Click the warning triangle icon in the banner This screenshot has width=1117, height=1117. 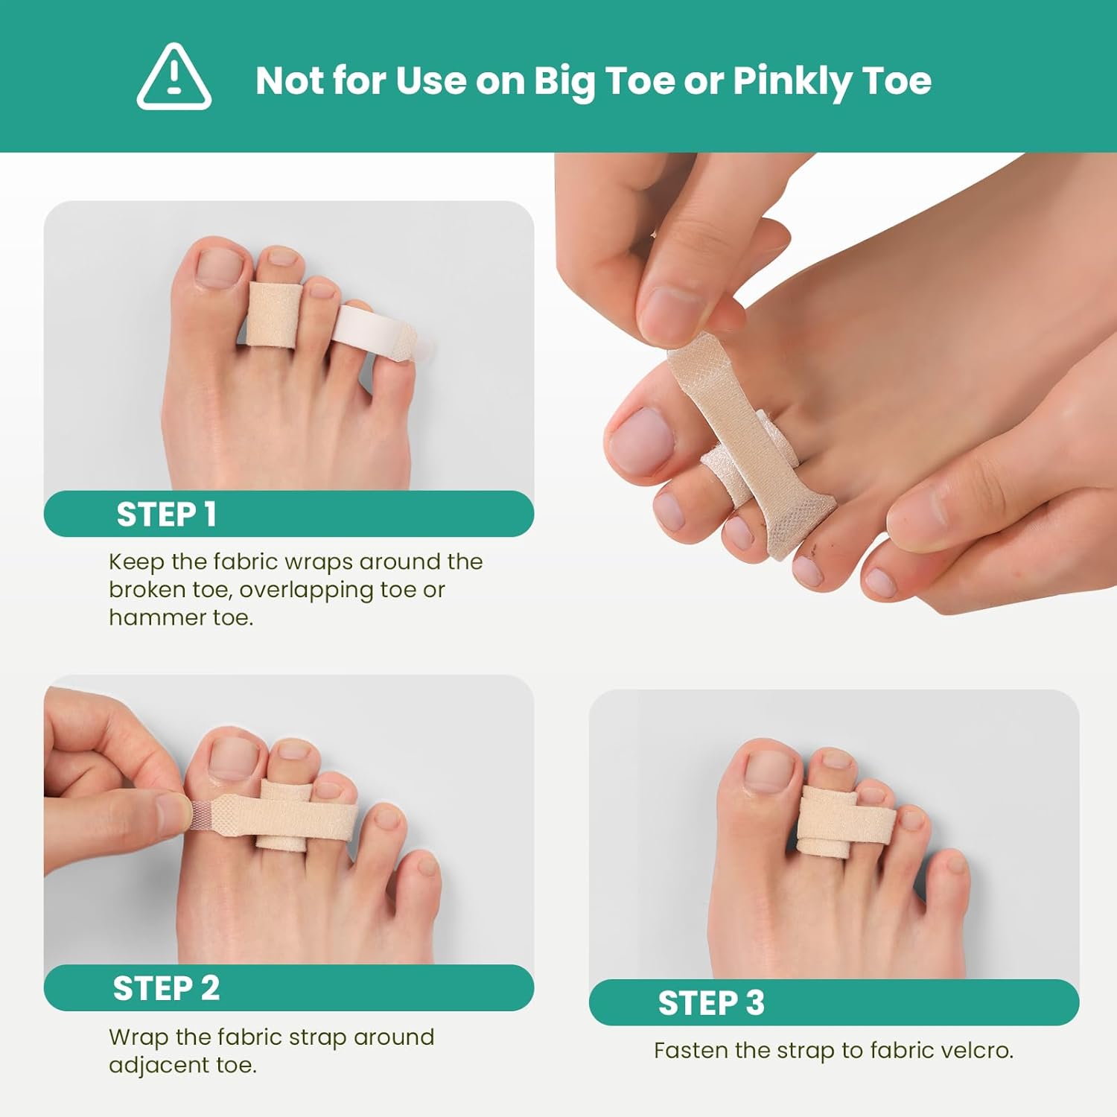[174, 77]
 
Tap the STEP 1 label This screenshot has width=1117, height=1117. [166, 515]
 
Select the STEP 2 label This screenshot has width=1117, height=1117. [166, 988]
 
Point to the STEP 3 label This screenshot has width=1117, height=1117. [711, 1003]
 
